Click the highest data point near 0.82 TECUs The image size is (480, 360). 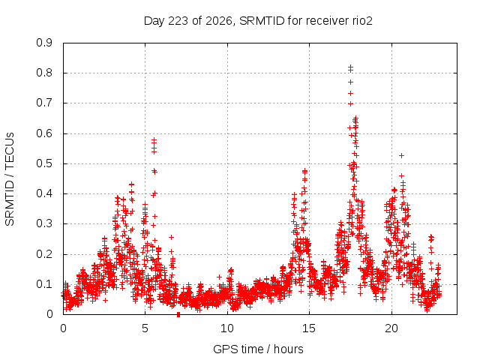coord(350,67)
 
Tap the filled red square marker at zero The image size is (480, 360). coord(178,315)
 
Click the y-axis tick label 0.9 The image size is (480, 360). coord(44,43)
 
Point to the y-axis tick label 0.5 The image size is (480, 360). coord(44,163)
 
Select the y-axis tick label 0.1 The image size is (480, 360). coord(44,284)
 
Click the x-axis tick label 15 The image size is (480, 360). coord(309,328)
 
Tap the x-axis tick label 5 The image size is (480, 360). coord(145,328)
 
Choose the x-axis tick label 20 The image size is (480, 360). coord(391,328)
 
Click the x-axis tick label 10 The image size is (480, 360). coord(227,328)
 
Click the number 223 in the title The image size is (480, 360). coord(178,21)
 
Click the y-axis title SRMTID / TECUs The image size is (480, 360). coord(10,179)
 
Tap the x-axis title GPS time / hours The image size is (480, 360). coord(258,349)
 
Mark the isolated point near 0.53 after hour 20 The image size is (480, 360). coord(402,155)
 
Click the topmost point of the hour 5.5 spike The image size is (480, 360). coord(154,139)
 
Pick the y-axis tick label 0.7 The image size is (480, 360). coord(44,103)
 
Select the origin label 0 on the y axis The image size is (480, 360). coord(49,314)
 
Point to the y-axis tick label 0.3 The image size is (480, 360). coord(44,223)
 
